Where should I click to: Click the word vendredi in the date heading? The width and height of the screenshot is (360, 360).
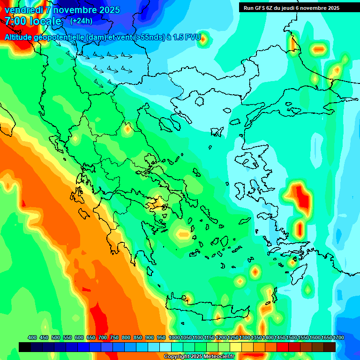coord(22,10)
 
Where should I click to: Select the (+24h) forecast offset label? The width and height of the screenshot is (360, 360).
coord(81,21)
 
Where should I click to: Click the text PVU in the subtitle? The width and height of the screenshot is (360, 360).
coord(193,37)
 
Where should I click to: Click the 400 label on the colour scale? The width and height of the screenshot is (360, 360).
coord(32,337)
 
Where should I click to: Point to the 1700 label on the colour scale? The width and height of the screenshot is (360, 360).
coord(326,337)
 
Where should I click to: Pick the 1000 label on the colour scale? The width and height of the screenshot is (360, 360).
coord(174,337)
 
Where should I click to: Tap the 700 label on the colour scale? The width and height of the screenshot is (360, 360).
coord(103,337)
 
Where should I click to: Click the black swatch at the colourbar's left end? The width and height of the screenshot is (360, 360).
coord(25,347)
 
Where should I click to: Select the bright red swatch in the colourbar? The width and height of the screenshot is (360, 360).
coord(283,347)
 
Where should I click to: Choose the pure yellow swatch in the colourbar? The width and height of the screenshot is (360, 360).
coord(236,347)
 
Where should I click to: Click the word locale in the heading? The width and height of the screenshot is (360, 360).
coord(46,21)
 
